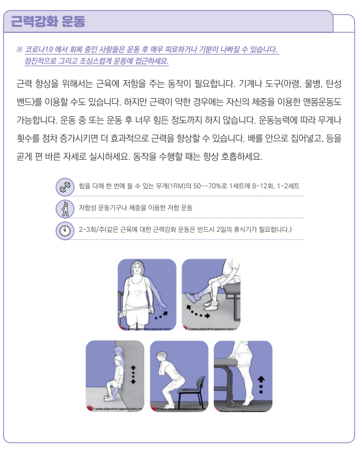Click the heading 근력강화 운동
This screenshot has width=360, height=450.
pyautogui.click(x=48, y=22)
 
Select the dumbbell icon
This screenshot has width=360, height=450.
pyautogui.click(x=64, y=186)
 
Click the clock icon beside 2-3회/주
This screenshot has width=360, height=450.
pyautogui.click(x=64, y=231)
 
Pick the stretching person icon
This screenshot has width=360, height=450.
pyautogui.click(x=64, y=208)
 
